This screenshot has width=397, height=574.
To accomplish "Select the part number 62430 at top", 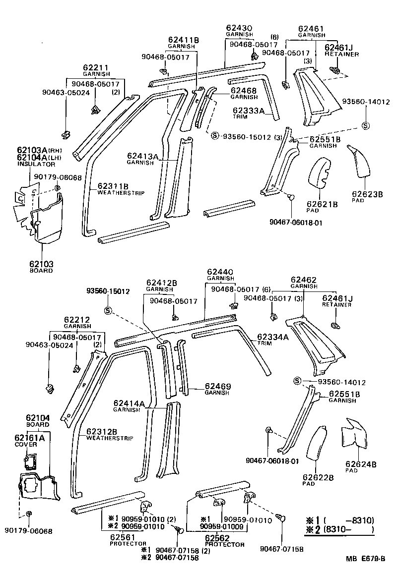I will tap(240, 28).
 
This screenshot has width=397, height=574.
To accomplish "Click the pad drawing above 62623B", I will tap(359, 161).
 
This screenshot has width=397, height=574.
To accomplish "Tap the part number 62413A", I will tap(142, 157).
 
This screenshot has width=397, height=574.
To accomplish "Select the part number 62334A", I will tap(272, 338).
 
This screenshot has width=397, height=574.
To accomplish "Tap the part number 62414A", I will tap(129, 404).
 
